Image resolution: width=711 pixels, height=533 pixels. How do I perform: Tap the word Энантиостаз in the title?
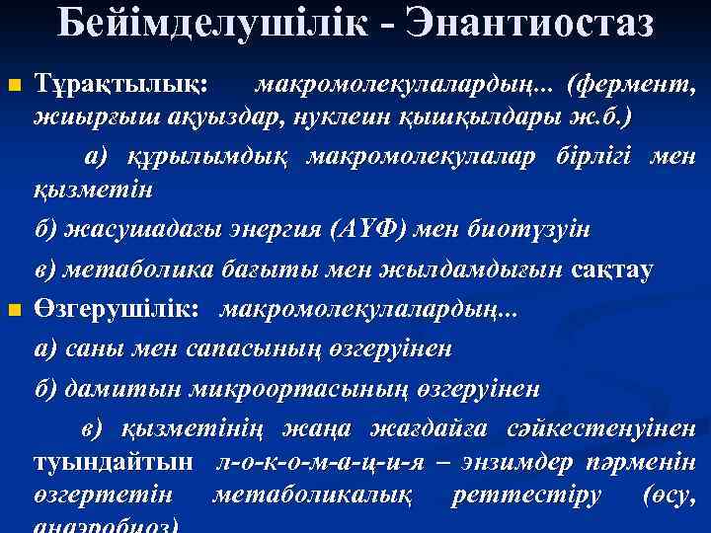click(x=523, y=23)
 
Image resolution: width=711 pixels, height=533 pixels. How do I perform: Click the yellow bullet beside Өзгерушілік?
click(x=13, y=313)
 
